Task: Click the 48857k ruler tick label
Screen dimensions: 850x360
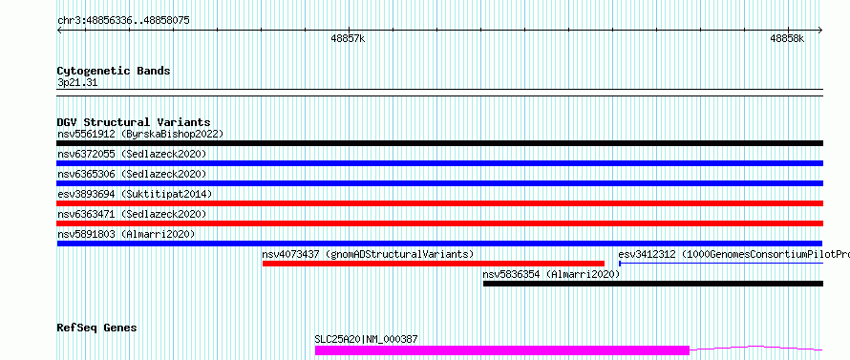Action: click(x=348, y=38)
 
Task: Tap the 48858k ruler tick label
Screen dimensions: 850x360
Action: click(x=787, y=38)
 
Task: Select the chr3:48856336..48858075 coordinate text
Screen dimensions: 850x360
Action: click(x=123, y=21)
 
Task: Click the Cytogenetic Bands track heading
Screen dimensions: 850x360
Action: click(x=114, y=71)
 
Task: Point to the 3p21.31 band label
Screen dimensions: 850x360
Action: click(x=77, y=83)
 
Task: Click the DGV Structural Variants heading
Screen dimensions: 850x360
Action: click(x=134, y=122)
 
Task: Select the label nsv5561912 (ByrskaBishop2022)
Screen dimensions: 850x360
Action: click(x=140, y=134)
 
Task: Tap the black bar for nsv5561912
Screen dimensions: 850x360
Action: click(x=440, y=143)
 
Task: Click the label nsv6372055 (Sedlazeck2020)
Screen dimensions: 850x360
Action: click(x=132, y=154)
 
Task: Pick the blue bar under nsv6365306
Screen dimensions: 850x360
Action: click(x=440, y=183)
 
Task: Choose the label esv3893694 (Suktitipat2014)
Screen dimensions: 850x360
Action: click(x=135, y=194)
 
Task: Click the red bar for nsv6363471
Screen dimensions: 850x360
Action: click(x=440, y=223)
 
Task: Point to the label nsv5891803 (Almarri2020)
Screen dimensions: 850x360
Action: click(x=126, y=234)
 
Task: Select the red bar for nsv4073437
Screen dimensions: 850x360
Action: click(x=434, y=264)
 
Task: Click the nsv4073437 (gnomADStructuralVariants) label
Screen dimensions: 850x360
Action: click(x=368, y=254)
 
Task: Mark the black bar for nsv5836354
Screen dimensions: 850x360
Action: click(x=653, y=284)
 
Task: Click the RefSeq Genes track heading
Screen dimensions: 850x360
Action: click(x=97, y=328)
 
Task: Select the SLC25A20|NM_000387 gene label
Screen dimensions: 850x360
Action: click(x=366, y=339)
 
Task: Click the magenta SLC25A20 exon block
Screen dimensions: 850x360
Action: click(x=502, y=350)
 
